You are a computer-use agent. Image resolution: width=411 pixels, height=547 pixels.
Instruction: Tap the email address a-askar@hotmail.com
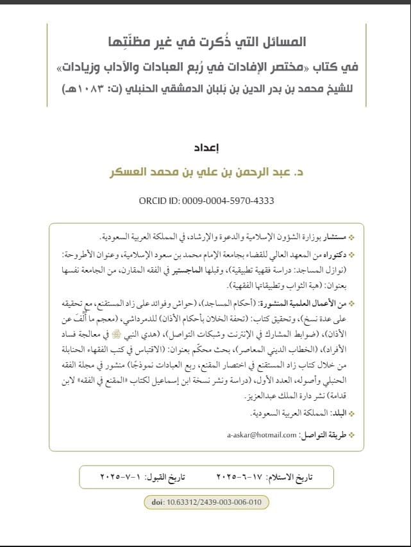(264, 434)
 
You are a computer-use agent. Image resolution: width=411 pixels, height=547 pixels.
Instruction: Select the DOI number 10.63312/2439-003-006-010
(215, 501)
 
